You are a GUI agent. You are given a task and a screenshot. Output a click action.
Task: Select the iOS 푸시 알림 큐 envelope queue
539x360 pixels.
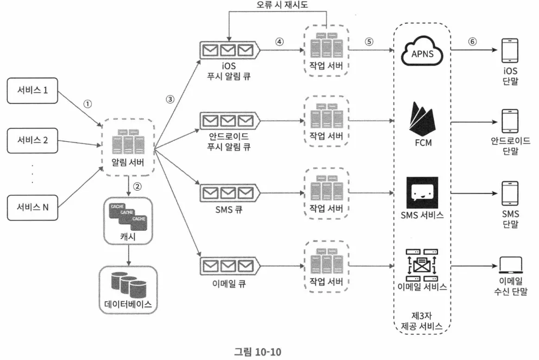tap(228, 50)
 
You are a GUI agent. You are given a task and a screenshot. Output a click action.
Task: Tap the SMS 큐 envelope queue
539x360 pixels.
tap(228, 192)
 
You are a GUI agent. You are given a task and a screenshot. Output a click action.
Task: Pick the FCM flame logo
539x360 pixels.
tap(422, 119)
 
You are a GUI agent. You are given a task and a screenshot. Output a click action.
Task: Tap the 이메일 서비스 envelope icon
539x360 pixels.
tap(422, 265)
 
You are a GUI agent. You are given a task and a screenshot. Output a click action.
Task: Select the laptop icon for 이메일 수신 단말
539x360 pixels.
tap(511, 266)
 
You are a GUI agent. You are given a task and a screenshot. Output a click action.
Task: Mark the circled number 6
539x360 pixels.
tap(472, 41)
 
